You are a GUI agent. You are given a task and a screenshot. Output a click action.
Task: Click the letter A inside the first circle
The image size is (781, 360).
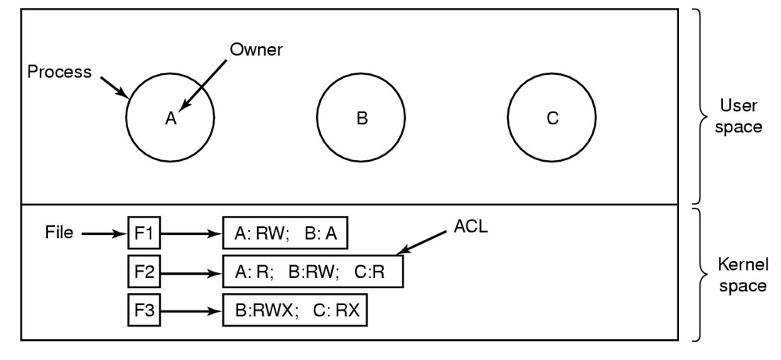pos(170,119)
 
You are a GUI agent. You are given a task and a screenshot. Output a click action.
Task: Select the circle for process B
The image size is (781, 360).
pos(361,118)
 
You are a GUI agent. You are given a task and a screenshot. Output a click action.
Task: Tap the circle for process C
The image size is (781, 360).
pos(552,118)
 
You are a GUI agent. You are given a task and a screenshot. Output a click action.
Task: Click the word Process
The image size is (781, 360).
pos(59,72)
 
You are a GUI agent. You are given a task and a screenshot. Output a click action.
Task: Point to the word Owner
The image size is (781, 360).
pos(256,50)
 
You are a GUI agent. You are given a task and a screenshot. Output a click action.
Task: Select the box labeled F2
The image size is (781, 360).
pos(144,272)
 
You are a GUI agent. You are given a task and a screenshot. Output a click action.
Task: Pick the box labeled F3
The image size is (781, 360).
pos(144,310)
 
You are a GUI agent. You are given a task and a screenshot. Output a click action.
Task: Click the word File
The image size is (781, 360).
pos(58,233)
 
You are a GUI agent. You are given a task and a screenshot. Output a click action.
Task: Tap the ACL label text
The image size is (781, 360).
pos(470,226)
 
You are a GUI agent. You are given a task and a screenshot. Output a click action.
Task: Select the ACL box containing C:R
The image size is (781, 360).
pos(312,272)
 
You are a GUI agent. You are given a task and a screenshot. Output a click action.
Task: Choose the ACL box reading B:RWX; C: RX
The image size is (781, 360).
pos(295,310)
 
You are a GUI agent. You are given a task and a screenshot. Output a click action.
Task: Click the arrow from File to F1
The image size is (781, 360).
pos(103,234)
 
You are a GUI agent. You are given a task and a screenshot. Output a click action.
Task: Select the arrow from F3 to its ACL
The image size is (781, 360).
pos(190,311)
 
